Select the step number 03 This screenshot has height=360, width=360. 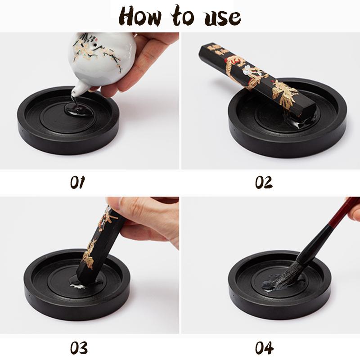[x=78, y=347]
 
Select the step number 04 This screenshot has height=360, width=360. [x=265, y=347]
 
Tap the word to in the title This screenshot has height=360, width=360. [x=183, y=17]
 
